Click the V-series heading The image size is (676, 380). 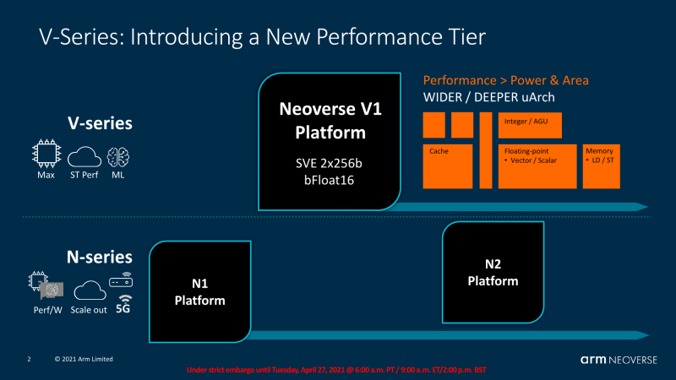100,123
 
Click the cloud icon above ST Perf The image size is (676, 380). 84,157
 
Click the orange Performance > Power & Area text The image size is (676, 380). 505,80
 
